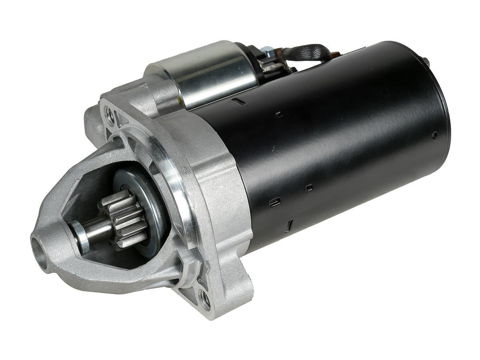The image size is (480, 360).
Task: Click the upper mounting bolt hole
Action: [x=109, y=114]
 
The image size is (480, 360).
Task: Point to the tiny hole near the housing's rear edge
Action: [x=435, y=135]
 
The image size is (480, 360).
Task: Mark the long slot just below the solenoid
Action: [x=239, y=102]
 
